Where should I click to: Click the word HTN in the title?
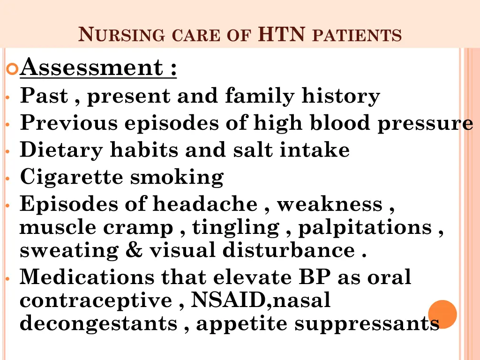pyautogui.click(x=282, y=34)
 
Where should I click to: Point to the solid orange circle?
pyautogui.click(x=442, y=314)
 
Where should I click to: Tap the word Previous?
pyautogui.click(x=69, y=123)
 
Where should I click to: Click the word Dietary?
pyautogui.click(x=61, y=150)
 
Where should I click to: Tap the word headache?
pyautogui.click(x=204, y=204)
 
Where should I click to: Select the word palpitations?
pyautogui.click(x=365, y=227)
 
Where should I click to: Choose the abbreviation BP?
pyautogui.click(x=314, y=277)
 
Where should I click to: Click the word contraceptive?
pyautogui.click(x=96, y=300)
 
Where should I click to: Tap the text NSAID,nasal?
pyautogui.click(x=261, y=300)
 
